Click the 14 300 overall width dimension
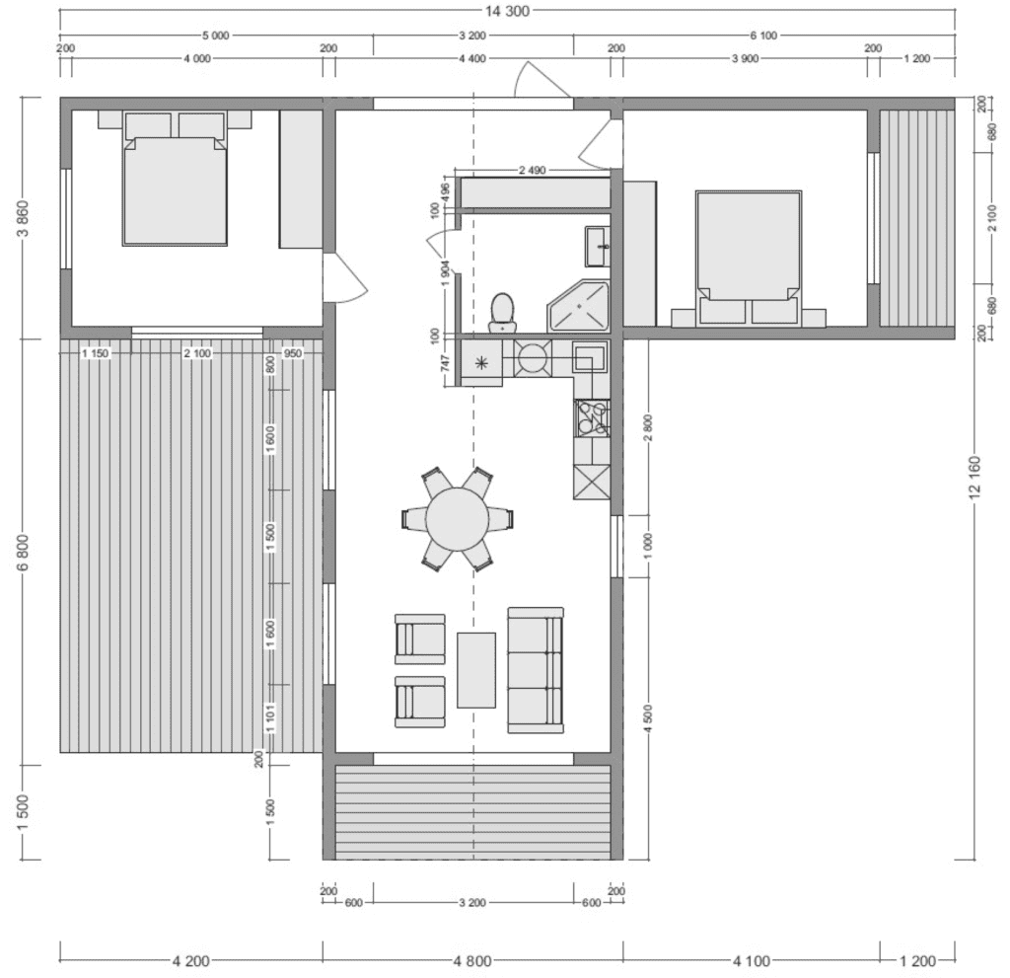(507, 10)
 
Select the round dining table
(458, 519)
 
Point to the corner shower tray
(578, 306)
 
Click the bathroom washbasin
(597, 246)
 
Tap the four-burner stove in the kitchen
(592, 417)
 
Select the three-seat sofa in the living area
(536, 670)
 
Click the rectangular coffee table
(476, 670)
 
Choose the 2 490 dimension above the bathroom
(532, 170)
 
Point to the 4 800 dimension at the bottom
(472, 960)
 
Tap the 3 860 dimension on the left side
(24, 218)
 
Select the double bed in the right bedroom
(749, 258)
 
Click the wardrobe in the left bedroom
(301, 179)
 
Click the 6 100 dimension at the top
(763, 36)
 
